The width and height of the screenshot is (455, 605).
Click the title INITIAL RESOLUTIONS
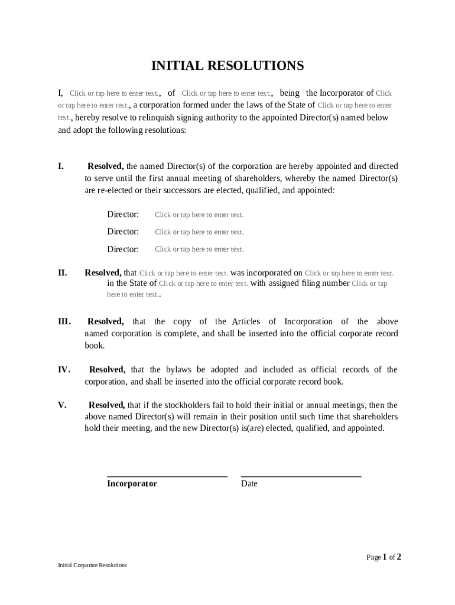click(227, 66)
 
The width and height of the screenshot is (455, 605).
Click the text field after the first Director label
click(199, 215)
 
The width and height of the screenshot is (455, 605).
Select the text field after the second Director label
click(199, 232)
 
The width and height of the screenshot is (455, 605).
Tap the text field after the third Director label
click(199, 249)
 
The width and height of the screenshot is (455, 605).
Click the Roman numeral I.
click(61, 167)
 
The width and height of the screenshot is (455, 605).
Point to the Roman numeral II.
click(62, 273)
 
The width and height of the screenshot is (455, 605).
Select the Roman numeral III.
click(64, 322)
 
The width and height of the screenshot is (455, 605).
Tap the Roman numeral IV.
click(64, 370)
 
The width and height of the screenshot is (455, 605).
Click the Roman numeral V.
click(62, 405)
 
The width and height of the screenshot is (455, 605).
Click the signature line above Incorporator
click(167, 476)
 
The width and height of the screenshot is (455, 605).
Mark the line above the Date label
click(301, 476)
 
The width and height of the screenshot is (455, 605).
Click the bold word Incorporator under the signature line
click(132, 484)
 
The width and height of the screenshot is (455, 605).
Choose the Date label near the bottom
click(249, 484)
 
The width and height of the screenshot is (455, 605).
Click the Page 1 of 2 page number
click(383, 557)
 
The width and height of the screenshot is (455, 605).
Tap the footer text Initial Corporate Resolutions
click(92, 565)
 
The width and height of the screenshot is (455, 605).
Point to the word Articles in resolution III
click(246, 322)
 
